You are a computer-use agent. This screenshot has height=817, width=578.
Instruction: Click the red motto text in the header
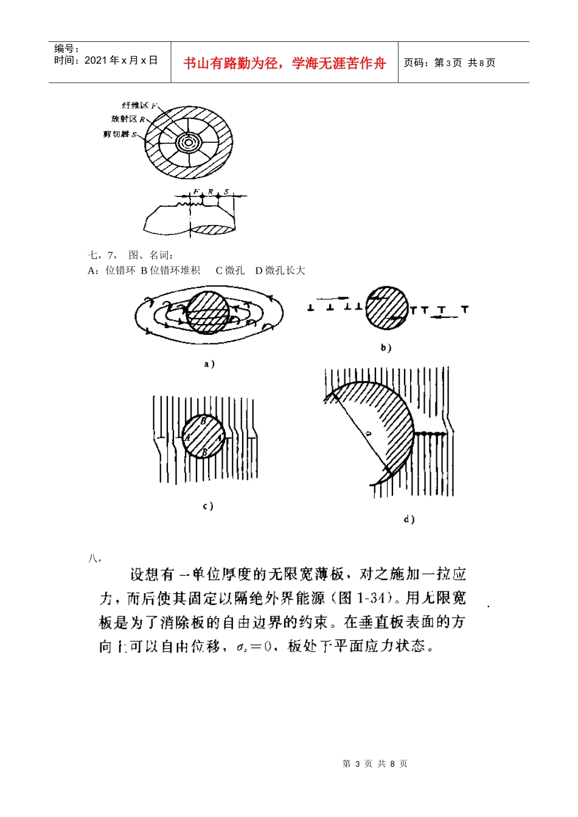click(x=285, y=63)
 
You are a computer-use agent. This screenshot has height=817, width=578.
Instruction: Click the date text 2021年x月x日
click(x=106, y=60)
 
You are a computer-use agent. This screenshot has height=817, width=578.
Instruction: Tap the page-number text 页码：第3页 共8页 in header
click(x=450, y=63)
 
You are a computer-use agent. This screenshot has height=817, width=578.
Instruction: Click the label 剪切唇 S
click(x=120, y=134)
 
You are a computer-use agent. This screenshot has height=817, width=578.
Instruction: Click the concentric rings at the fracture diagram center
click(x=188, y=143)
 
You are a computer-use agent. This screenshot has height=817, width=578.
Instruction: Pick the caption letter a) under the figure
click(x=209, y=364)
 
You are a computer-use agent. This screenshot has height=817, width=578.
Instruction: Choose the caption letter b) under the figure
click(x=386, y=348)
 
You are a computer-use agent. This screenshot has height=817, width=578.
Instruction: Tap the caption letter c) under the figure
click(x=207, y=506)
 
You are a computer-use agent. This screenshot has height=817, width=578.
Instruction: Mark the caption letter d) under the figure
click(x=409, y=519)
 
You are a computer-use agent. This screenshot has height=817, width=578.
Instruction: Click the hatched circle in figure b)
click(x=387, y=308)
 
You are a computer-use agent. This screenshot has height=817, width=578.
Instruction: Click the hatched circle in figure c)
click(x=204, y=436)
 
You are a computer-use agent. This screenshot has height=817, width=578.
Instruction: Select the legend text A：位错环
click(x=111, y=271)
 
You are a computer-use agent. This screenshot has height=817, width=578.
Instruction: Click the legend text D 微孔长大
click(x=280, y=271)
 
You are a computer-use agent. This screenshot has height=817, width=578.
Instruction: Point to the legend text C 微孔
click(x=230, y=271)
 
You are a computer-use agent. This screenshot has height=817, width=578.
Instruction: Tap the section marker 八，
click(x=94, y=557)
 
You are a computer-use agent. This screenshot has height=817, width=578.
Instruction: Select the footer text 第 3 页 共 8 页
click(x=375, y=764)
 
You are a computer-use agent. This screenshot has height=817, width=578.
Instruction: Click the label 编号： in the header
click(x=67, y=49)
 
